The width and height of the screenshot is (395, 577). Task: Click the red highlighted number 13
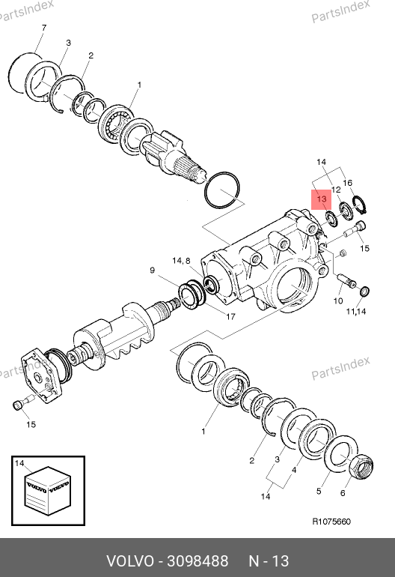(x=322, y=199)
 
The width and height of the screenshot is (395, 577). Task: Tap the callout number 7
(x=44, y=28)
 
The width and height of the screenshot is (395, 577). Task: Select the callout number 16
(x=348, y=183)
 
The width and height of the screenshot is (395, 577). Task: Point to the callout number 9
(x=153, y=271)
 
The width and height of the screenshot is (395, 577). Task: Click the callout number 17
(x=230, y=316)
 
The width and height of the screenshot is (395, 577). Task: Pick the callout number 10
(x=338, y=301)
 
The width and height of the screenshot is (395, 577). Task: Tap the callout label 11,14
(x=355, y=312)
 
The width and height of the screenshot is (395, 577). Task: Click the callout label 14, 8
(x=181, y=261)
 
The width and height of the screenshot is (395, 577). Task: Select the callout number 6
(x=343, y=493)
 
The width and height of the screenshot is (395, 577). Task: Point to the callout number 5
(x=319, y=492)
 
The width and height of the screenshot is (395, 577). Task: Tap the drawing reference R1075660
(x=331, y=522)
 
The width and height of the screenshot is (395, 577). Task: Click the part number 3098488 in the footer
(x=197, y=561)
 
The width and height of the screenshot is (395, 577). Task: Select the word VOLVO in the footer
(x=130, y=561)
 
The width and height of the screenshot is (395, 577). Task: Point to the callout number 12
(x=336, y=190)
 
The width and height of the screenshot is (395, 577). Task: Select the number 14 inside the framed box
(x=19, y=463)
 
